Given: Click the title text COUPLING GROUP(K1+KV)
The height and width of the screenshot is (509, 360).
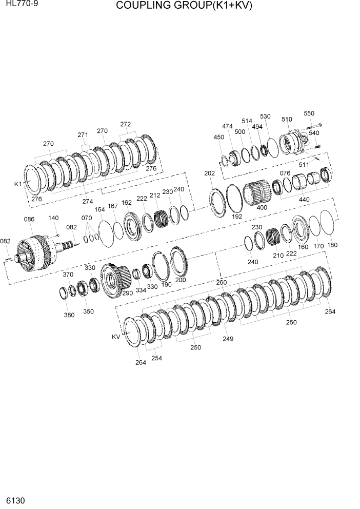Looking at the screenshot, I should point(184,6).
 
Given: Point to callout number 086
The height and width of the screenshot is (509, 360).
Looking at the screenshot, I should point(29,219).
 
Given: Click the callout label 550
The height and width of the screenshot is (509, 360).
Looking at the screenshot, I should point(309,113).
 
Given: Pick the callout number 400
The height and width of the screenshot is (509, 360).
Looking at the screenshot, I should point(262,207).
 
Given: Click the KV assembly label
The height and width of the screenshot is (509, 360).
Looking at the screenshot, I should point(116,337).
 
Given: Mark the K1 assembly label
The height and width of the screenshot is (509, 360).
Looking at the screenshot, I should point(18,184).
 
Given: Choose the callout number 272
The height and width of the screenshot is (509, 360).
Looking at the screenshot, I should point(126,124).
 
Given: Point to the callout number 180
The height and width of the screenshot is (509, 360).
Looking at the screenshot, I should point(332,245).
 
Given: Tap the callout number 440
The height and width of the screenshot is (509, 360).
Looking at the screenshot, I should point(304,199).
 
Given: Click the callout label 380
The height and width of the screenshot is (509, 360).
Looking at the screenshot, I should point(69,315).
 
